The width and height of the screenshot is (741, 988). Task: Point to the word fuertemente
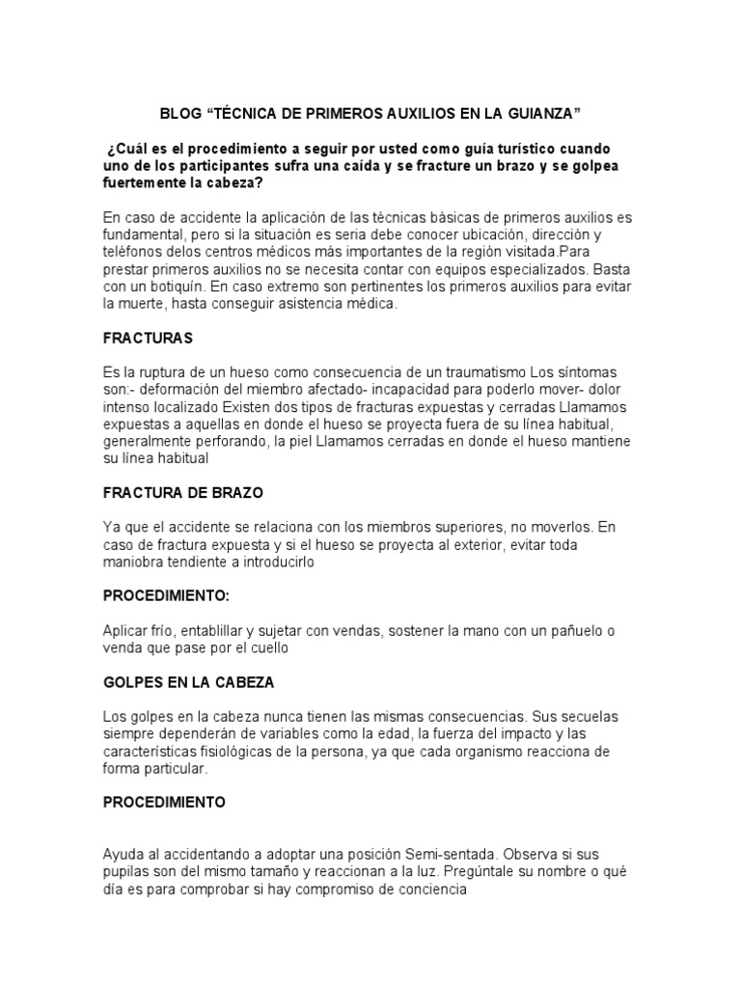click(147, 182)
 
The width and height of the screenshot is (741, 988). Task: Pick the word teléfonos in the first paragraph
click(133, 252)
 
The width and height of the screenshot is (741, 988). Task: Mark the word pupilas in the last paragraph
click(126, 873)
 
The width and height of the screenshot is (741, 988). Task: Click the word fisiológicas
click(230, 752)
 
